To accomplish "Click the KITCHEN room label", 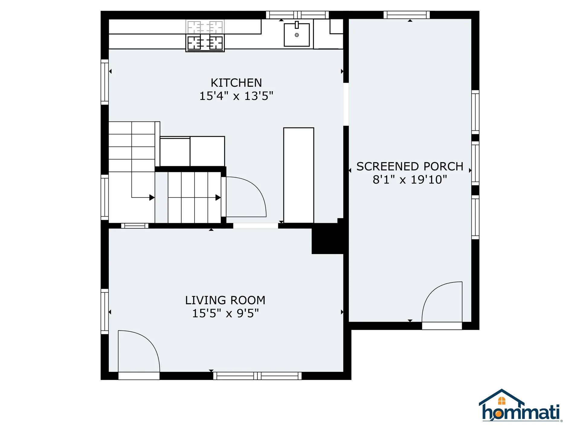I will pos(236,83).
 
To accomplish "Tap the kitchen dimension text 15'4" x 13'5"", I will pos(236,96).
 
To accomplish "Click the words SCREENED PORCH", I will pos(410,166).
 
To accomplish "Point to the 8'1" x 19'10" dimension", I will pos(410,180).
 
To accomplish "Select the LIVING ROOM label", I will pos(225,300).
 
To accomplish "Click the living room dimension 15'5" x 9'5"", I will pos(225,314).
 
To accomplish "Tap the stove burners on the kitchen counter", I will pos(205,43).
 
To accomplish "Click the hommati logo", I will pos(520,406).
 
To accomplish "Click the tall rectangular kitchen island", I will pos(298,175).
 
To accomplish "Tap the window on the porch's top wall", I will pos(407,15).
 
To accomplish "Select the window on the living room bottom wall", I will pos(257,376).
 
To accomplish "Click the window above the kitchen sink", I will pos(297,15).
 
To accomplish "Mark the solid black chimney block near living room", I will pos(327,240).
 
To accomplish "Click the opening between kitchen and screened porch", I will pos(346,104).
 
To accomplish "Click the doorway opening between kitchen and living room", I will pos(256,226).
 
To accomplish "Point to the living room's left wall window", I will pos(105,311).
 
